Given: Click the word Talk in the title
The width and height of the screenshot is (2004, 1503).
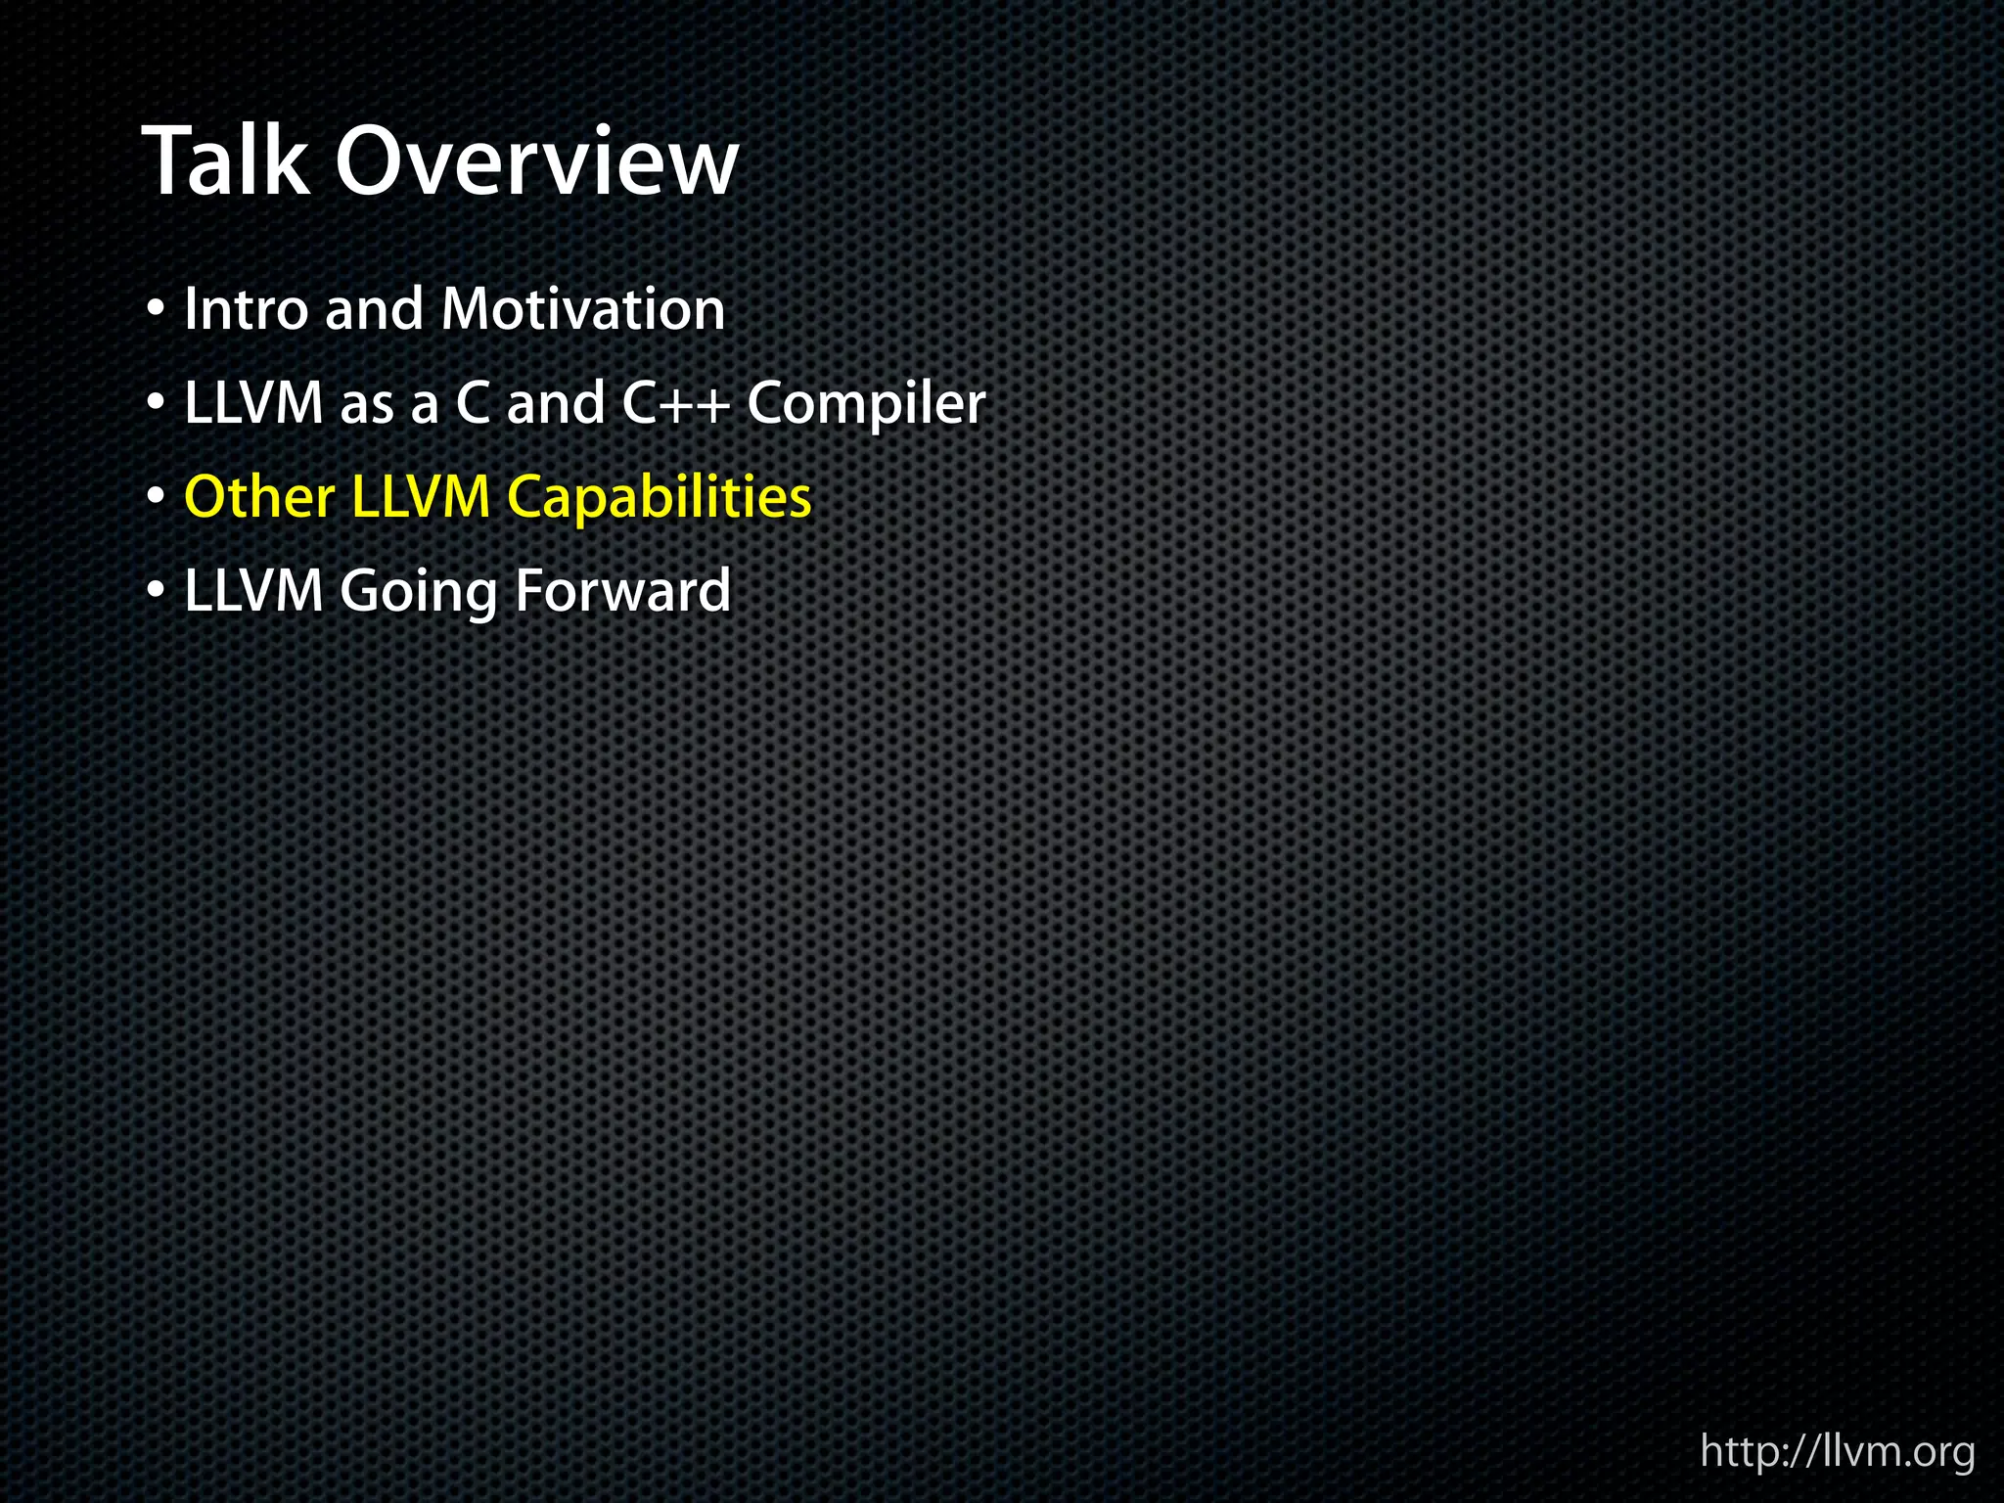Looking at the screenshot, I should pos(226,161).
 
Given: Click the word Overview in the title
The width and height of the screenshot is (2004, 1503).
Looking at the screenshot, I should pos(536,161).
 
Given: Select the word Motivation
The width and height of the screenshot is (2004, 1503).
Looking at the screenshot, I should pos(583,309).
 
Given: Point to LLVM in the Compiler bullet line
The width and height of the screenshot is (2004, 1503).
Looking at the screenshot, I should pos(253,403).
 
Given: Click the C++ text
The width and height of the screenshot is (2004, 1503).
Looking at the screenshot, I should pos(676,403).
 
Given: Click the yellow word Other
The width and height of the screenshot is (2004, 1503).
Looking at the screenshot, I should pos(259,497).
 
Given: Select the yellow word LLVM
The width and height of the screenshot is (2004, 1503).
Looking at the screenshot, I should pos(421,497).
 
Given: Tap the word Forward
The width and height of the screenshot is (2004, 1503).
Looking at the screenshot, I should pos(622,591).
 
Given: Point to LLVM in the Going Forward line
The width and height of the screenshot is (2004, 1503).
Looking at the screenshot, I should pos(253,591).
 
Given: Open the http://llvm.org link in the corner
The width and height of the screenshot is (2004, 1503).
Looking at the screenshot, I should pos(1838,1452).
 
